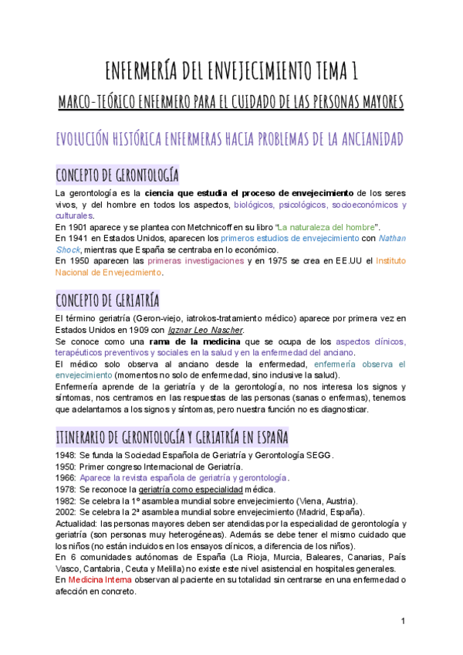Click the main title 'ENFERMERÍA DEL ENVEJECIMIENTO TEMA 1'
coord(231,73)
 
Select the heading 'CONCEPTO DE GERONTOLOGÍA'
coord(117,173)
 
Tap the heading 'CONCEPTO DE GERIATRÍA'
coord(107,299)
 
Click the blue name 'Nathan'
coord(394,239)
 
